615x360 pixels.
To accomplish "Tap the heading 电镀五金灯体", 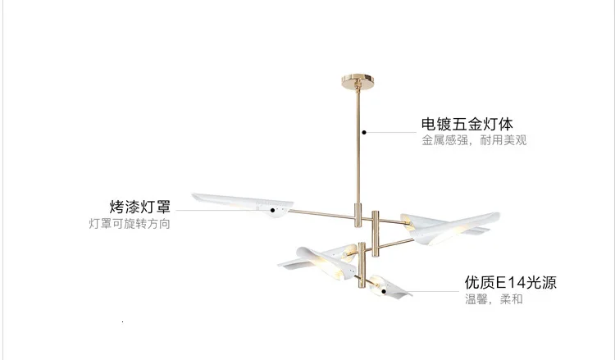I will click(x=467, y=125).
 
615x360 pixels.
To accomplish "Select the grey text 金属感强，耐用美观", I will click(x=474, y=141).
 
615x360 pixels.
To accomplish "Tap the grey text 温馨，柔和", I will click(x=494, y=299).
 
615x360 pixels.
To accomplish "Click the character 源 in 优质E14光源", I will click(x=549, y=283).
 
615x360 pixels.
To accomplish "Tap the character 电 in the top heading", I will click(x=429, y=125).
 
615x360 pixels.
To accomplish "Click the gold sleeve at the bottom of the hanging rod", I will click(x=358, y=214).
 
